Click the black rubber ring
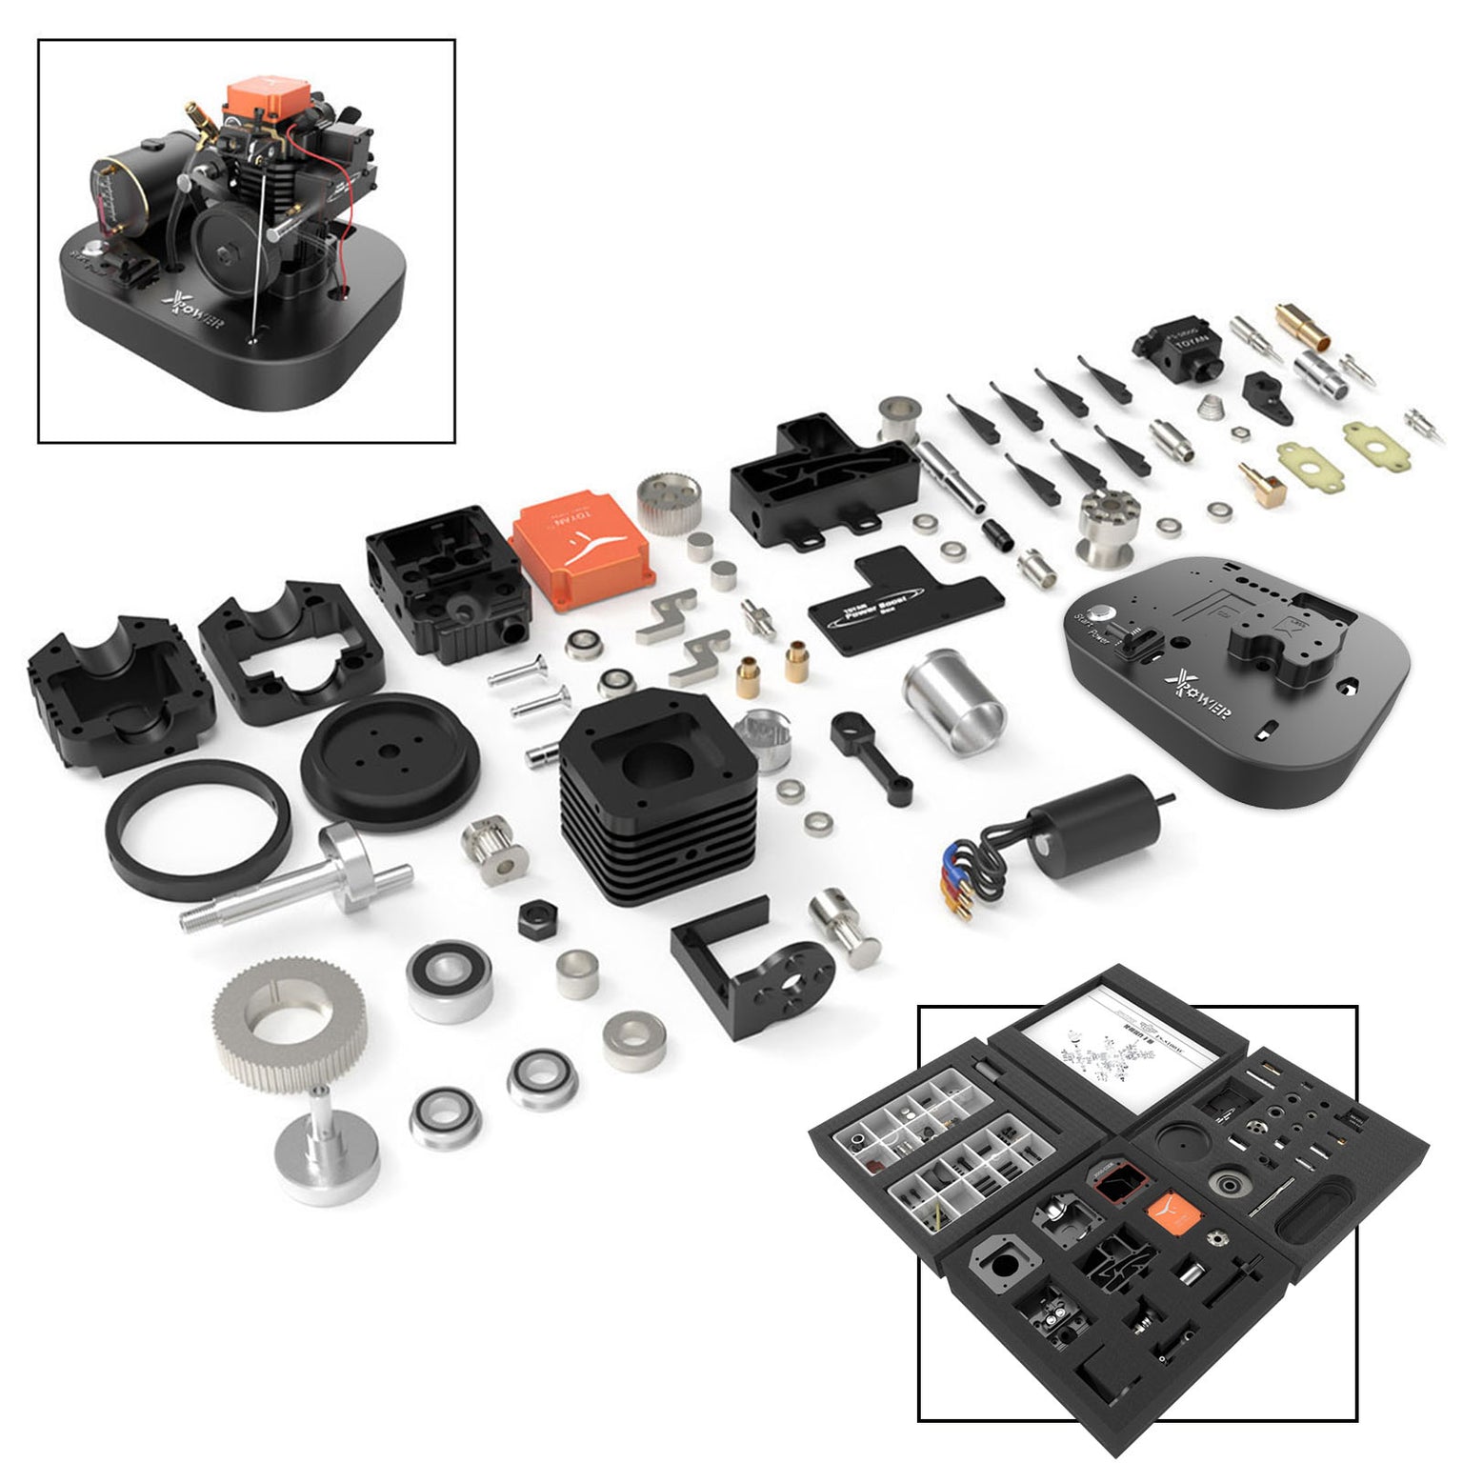(x=198, y=829)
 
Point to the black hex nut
(x=538, y=920)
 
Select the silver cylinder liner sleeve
(x=952, y=700)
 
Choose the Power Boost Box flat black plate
(x=905, y=595)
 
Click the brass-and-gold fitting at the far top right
(x=1303, y=325)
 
